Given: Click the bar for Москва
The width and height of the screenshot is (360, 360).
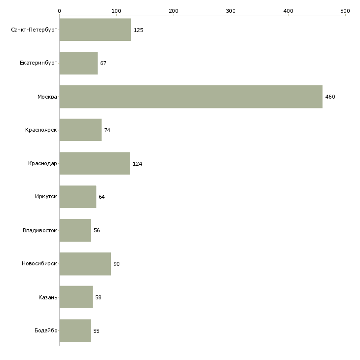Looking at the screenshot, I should pyautogui.click(x=191, y=97).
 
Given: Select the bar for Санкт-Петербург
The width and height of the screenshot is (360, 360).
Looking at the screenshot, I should pyautogui.click(x=95, y=30).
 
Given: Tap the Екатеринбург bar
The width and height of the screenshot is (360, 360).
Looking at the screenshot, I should pyautogui.click(x=78, y=63).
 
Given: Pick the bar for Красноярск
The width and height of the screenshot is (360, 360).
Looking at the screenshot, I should pyautogui.click(x=80, y=130).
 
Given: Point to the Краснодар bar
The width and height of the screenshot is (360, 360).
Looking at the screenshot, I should pyautogui.click(x=95, y=163).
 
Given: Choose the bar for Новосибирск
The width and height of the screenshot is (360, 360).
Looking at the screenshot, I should pyautogui.click(x=85, y=264).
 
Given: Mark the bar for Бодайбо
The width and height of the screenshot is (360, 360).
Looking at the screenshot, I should pyautogui.click(x=75, y=330).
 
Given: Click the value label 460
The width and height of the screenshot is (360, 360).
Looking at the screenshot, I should pyautogui.click(x=330, y=97).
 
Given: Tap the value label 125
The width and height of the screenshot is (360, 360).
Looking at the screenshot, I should pyautogui.click(x=138, y=30).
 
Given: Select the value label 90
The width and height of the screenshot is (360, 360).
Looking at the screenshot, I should pyautogui.click(x=116, y=264).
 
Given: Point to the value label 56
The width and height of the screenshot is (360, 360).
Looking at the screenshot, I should pyautogui.click(x=97, y=230).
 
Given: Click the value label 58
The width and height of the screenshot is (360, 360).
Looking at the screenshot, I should pyautogui.click(x=98, y=297).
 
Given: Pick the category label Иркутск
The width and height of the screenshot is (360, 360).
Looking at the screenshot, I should pyautogui.click(x=46, y=197).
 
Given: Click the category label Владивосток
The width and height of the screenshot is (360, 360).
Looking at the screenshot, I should pyautogui.click(x=39, y=230).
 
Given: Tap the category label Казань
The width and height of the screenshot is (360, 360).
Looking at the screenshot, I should pyautogui.click(x=47, y=297).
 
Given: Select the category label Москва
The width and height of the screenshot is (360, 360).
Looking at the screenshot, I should pyautogui.click(x=47, y=97).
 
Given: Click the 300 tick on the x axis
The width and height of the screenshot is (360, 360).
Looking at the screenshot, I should pyautogui.click(x=231, y=10).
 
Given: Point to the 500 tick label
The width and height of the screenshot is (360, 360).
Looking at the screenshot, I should pyautogui.click(x=345, y=10).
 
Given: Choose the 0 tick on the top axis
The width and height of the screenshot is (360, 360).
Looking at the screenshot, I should pyautogui.click(x=59, y=10).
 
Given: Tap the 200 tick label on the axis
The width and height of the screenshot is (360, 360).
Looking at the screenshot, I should pyautogui.click(x=174, y=10).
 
